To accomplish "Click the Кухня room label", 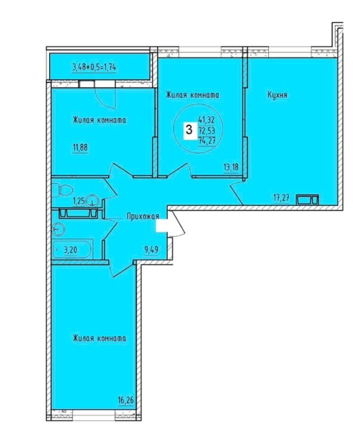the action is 277,95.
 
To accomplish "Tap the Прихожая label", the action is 143,217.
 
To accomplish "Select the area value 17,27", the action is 281,198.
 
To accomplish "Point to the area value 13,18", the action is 231,167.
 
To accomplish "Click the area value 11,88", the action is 80,147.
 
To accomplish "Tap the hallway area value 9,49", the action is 152,250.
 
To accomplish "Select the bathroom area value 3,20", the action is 70,250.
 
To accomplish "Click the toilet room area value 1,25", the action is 79,201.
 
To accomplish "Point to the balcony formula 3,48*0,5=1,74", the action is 95,67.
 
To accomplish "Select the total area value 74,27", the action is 207,141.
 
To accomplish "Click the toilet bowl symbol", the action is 59,190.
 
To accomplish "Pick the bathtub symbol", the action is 72,249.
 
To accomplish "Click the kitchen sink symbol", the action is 307,199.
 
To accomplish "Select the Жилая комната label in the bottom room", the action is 100,338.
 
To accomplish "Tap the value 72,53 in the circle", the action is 207,132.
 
